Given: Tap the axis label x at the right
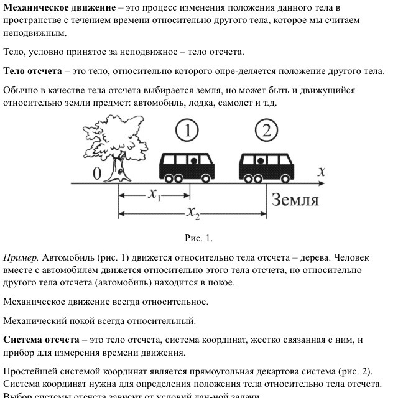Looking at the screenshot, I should [322, 172].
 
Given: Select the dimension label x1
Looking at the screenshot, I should [155, 194].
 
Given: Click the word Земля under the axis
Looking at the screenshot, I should [294, 200].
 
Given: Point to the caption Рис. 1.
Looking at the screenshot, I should [199, 238].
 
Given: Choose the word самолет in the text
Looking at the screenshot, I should [236, 103].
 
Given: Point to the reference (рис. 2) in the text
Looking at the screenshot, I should [353, 372].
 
